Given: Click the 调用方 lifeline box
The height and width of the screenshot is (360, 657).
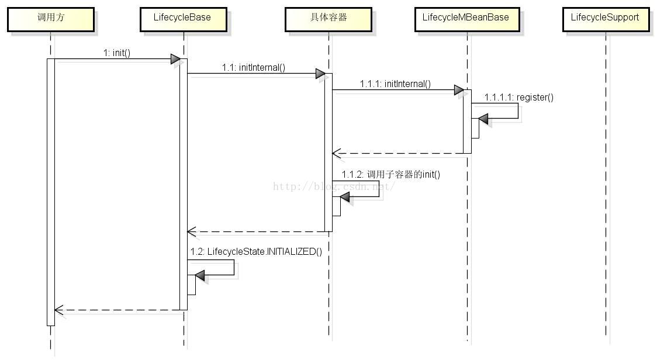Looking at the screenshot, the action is (51, 19).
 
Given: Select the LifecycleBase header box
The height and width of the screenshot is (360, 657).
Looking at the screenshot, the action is (183, 19).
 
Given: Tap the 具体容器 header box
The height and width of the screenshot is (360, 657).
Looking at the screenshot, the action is (328, 19).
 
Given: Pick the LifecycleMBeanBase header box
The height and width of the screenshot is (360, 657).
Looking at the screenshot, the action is (467, 19).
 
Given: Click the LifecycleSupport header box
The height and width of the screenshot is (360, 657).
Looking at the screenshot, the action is (606, 19).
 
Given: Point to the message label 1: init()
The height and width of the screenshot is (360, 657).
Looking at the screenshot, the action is (117, 53).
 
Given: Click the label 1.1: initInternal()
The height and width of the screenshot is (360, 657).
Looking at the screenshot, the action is (254, 67).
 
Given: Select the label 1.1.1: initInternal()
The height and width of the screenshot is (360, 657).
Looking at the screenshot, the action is (395, 84).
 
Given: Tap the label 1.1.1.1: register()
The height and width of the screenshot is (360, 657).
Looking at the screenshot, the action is (518, 97).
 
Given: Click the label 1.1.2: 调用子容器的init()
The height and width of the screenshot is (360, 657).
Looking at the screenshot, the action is (391, 174).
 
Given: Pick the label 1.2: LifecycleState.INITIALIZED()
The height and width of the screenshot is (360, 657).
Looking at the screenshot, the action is (256, 251).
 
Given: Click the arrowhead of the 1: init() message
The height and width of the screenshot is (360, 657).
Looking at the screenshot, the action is (175, 59).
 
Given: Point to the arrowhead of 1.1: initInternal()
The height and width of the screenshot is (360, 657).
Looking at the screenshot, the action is (320, 74).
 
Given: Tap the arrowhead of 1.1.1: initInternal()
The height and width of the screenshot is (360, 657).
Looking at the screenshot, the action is (459, 89).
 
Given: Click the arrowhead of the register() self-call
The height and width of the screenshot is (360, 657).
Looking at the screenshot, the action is (483, 119).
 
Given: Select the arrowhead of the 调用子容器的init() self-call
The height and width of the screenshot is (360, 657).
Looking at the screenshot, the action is (345, 197).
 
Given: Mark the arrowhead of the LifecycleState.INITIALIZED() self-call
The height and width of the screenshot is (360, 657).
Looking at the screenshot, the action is (200, 275).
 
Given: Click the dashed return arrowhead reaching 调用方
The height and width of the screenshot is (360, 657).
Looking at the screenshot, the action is (58, 310).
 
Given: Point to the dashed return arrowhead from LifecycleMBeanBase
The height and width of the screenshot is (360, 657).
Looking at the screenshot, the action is (337, 153).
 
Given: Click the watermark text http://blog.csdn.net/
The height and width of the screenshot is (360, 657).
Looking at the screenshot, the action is (334, 186).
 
